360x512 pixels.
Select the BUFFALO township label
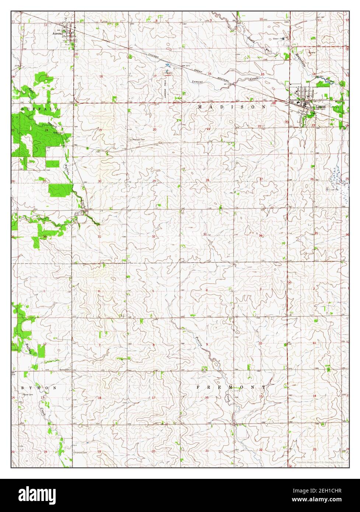click(39, 110)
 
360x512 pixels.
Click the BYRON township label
click(39, 388)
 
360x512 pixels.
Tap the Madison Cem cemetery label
click(137, 140)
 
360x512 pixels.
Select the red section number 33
click(205, 234)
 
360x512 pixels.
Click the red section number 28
click(207, 180)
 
